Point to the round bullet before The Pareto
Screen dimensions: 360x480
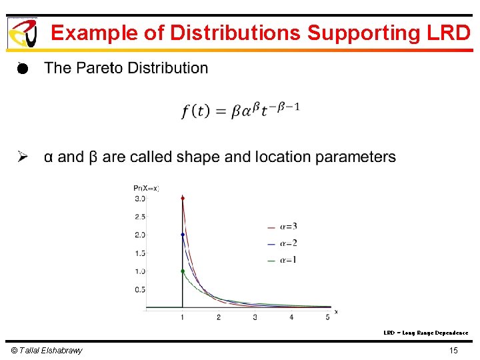coord(22,68)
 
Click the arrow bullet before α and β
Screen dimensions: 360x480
coord(23,157)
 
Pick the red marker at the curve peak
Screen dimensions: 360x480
coord(183,198)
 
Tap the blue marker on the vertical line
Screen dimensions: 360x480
coord(183,235)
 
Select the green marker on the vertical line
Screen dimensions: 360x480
coord(183,271)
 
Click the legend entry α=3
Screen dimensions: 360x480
coord(283,227)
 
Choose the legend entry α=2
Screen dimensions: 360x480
coord(283,243)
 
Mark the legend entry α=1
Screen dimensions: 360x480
coord(283,260)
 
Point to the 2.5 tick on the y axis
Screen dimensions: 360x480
coord(140,217)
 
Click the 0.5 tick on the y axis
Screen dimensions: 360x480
coord(140,289)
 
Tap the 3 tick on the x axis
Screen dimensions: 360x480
coord(255,317)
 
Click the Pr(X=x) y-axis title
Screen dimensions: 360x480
coord(146,188)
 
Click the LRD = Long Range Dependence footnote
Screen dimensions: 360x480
coord(425,333)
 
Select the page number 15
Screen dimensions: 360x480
coord(453,351)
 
